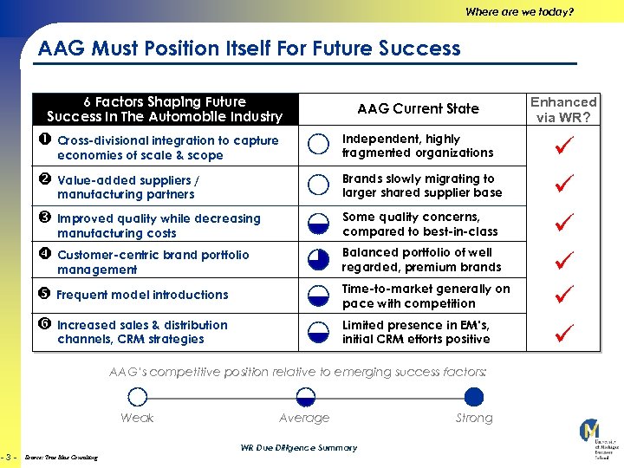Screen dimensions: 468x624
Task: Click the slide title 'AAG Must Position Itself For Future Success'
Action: (250, 49)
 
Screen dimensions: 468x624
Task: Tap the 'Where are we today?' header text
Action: (519, 12)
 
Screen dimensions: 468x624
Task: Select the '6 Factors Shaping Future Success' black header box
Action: (165, 109)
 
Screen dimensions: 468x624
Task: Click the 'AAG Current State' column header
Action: (418, 109)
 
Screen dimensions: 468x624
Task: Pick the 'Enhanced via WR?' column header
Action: (563, 109)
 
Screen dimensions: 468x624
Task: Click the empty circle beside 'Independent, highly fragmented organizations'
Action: (319, 146)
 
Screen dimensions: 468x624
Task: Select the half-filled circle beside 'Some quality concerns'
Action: (319, 224)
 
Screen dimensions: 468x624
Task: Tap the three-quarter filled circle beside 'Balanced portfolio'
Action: (319, 260)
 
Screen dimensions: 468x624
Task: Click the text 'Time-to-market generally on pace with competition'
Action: (426, 296)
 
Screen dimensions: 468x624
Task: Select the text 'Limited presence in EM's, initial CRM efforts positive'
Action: (416, 332)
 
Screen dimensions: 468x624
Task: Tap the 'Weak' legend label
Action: (137, 419)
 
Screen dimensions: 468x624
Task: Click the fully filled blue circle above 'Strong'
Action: (473, 397)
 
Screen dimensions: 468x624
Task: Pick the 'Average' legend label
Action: (304, 419)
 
